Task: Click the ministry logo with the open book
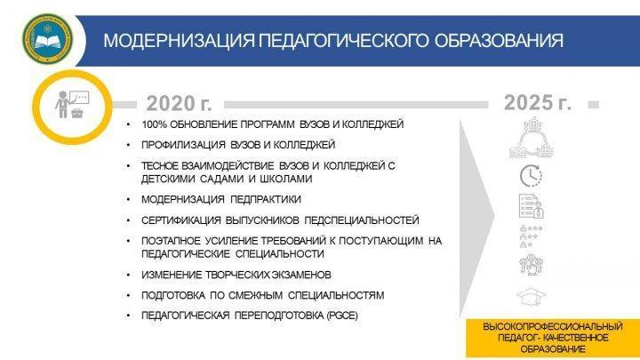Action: (x=48, y=39)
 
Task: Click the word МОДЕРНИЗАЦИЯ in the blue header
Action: (x=180, y=41)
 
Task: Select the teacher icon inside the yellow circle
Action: (x=72, y=105)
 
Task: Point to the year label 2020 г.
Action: (x=180, y=103)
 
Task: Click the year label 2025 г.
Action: (x=538, y=102)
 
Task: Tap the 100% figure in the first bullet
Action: (x=154, y=124)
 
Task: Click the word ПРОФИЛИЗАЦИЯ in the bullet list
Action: (x=183, y=145)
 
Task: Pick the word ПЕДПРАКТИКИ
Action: (x=265, y=199)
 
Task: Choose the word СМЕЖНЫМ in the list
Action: (x=255, y=295)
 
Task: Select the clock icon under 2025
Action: (x=531, y=176)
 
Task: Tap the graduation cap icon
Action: (x=531, y=296)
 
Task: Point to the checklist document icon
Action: (x=531, y=205)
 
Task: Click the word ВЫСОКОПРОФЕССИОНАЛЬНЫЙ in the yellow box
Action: (x=553, y=326)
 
